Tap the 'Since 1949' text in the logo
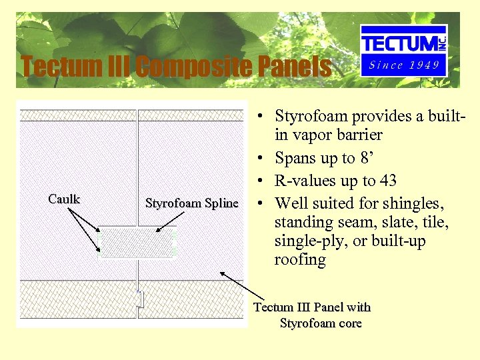point(405,65)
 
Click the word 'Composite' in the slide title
point(193,67)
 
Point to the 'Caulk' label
point(64,199)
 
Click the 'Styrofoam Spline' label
point(191,203)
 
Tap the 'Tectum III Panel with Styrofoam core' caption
point(312,315)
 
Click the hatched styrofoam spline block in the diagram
point(137,243)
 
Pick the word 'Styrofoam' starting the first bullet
point(311,116)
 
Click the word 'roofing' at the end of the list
point(300,260)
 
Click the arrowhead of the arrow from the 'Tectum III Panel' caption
point(223,272)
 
